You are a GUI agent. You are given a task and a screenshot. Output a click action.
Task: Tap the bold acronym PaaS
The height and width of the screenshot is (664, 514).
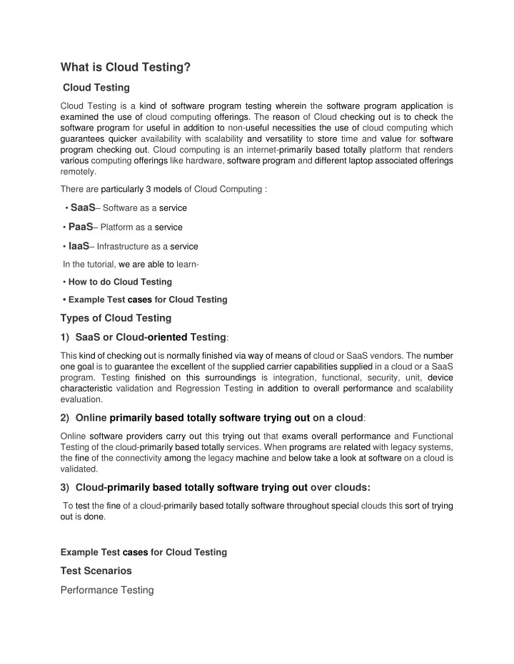click(x=80, y=227)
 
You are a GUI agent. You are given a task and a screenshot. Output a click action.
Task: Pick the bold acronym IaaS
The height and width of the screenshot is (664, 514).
click(x=79, y=246)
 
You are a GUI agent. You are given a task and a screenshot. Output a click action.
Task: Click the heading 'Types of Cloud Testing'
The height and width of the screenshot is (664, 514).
click(x=116, y=318)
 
